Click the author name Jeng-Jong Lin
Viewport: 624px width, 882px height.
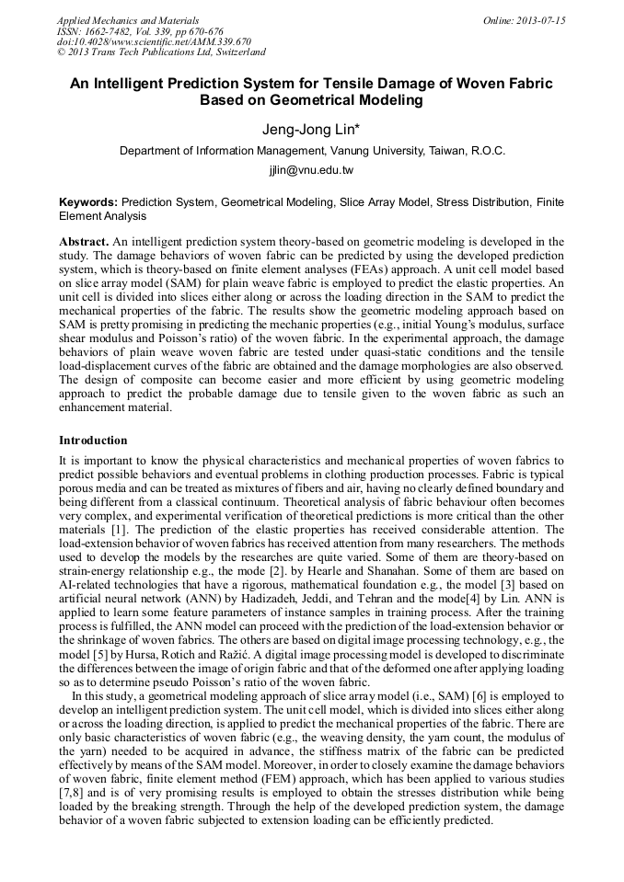click(311, 130)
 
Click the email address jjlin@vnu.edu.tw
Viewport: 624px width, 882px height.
click(311, 170)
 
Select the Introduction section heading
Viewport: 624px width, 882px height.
click(93, 441)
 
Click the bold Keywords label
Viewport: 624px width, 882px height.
click(87, 201)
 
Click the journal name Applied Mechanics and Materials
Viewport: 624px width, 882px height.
click(127, 20)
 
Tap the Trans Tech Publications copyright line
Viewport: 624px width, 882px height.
click(161, 52)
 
